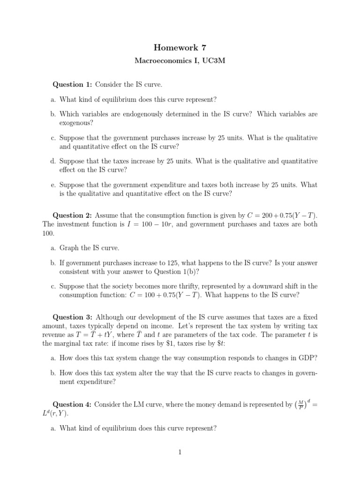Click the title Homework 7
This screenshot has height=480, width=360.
click(180, 47)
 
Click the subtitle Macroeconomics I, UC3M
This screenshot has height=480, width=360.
click(180, 61)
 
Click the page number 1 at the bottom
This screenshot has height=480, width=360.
click(180, 452)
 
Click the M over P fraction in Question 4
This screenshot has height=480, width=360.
click(300, 404)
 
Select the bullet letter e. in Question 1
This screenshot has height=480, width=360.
click(53, 185)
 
